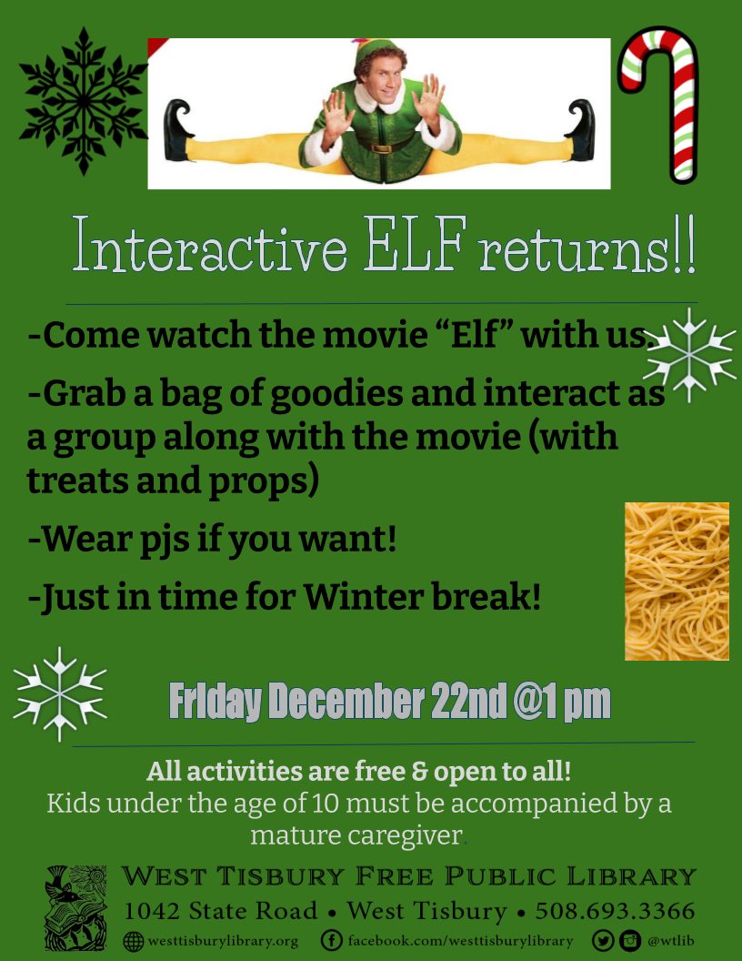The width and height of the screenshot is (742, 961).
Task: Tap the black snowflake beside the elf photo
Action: tap(83, 101)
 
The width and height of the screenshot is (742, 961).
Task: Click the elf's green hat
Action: tap(375, 50)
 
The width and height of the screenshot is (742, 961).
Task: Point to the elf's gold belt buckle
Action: tap(381, 148)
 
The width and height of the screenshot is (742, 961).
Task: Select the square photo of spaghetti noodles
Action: tap(677, 581)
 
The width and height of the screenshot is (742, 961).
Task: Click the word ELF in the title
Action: tap(415, 243)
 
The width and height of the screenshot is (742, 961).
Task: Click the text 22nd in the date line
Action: tap(468, 701)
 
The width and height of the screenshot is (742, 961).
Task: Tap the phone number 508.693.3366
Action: tap(615, 911)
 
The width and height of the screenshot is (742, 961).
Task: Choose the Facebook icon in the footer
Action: tap(331, 940)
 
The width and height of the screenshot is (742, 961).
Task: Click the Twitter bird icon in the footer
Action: tap(602, 940)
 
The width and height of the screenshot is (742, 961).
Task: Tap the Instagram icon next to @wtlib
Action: tap(629, 940)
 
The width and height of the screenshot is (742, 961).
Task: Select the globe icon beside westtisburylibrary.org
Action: tap(134, 941)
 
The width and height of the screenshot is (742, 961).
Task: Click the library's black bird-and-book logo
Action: tap(75, 907)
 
